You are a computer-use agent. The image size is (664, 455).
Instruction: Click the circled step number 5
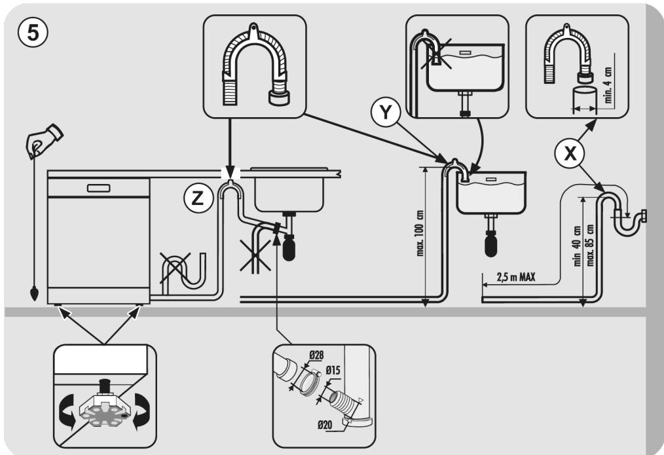coord(33,33)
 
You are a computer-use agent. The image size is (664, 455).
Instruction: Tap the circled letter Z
coord(198,198)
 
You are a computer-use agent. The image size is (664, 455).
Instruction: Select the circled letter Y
coord(385,112)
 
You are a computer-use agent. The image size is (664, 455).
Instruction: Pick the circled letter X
coord(570,153)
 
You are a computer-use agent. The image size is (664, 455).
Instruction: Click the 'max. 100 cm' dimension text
coord(420,233)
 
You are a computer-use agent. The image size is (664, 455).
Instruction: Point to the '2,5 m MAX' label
coord(516,277)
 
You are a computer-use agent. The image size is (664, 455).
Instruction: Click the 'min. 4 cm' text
coord(608,84)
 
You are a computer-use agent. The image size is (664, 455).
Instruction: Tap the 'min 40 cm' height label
coord(577,246)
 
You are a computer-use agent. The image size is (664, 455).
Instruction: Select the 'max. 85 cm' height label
coord(590,245)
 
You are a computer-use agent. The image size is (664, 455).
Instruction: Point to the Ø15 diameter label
coord(333,371)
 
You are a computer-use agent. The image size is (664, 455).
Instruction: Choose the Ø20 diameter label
coord(325,424)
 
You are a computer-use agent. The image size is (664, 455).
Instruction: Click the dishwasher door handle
coord(98,188)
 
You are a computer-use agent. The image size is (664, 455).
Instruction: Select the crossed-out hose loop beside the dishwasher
coord(183,271)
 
